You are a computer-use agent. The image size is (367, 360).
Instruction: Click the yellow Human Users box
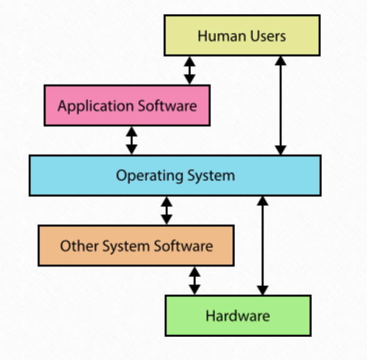242,36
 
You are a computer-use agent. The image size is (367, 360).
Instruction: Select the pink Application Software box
127,105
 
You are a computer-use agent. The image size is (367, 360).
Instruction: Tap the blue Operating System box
175,175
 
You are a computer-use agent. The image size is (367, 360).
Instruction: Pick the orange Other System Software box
136,245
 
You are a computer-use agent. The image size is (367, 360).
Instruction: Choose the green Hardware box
238,316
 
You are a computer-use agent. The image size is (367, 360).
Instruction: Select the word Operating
145,176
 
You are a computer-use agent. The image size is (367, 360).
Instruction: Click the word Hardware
238,316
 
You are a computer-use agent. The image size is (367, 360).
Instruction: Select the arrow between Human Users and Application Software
189,70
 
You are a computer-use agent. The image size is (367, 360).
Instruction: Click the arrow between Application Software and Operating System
131,140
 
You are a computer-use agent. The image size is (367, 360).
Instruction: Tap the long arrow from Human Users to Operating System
281,105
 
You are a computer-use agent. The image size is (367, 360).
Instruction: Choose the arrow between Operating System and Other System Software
167,210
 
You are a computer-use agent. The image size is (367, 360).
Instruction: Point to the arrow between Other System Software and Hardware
195,280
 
